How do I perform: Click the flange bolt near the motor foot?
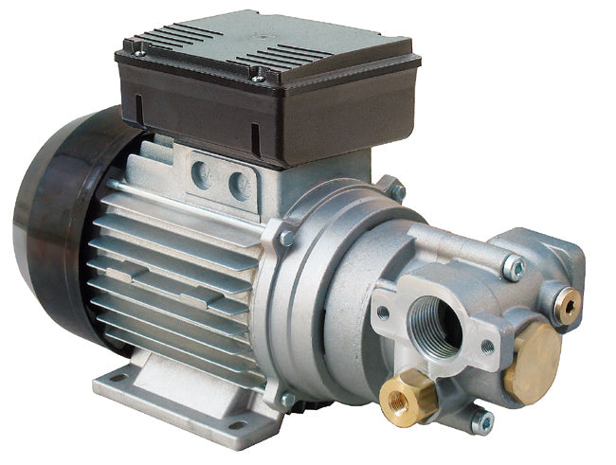[x=287, y=401]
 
